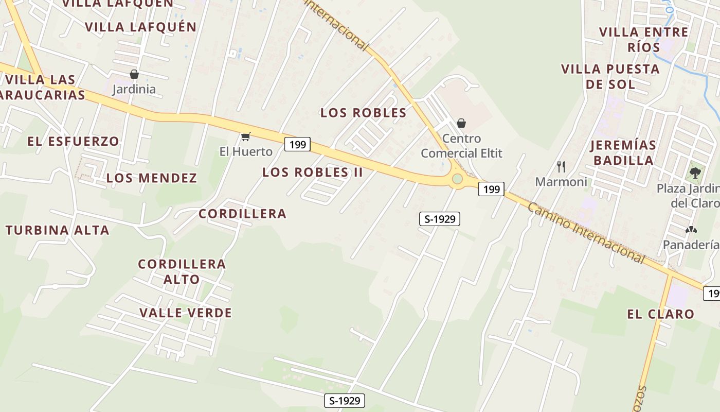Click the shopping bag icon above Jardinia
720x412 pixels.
[x=134, y=74]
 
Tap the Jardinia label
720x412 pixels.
[x=134, y=89]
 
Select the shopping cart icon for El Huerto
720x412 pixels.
[x=246, y=136]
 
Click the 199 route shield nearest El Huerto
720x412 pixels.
[x=298, y=145]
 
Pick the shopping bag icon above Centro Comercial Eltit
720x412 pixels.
[x=461, y=123]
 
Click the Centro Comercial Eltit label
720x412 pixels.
[x=461, y=146]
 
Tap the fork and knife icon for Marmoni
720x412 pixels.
[x=561, y=167]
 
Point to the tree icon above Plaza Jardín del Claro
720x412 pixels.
[x=695, y=173]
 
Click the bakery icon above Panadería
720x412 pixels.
[x=691, y=230]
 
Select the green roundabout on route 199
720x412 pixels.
[x=457, y=179]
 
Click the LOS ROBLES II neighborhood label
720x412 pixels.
[x=313, y=173]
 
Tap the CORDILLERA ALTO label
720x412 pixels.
[x=182, y=272]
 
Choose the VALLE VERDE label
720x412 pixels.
[x=186, y=313]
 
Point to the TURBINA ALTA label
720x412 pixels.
[x=58, y=230]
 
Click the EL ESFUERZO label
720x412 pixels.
[x=74, y=141]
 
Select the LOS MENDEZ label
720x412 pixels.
[x=152, y=178]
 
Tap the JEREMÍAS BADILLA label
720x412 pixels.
[x=623, y=152]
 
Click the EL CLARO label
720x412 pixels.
[x=660, y=314]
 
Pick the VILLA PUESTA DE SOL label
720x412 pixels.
[x=610, y=76]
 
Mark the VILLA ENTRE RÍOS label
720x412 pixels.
[x=644, y=40]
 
